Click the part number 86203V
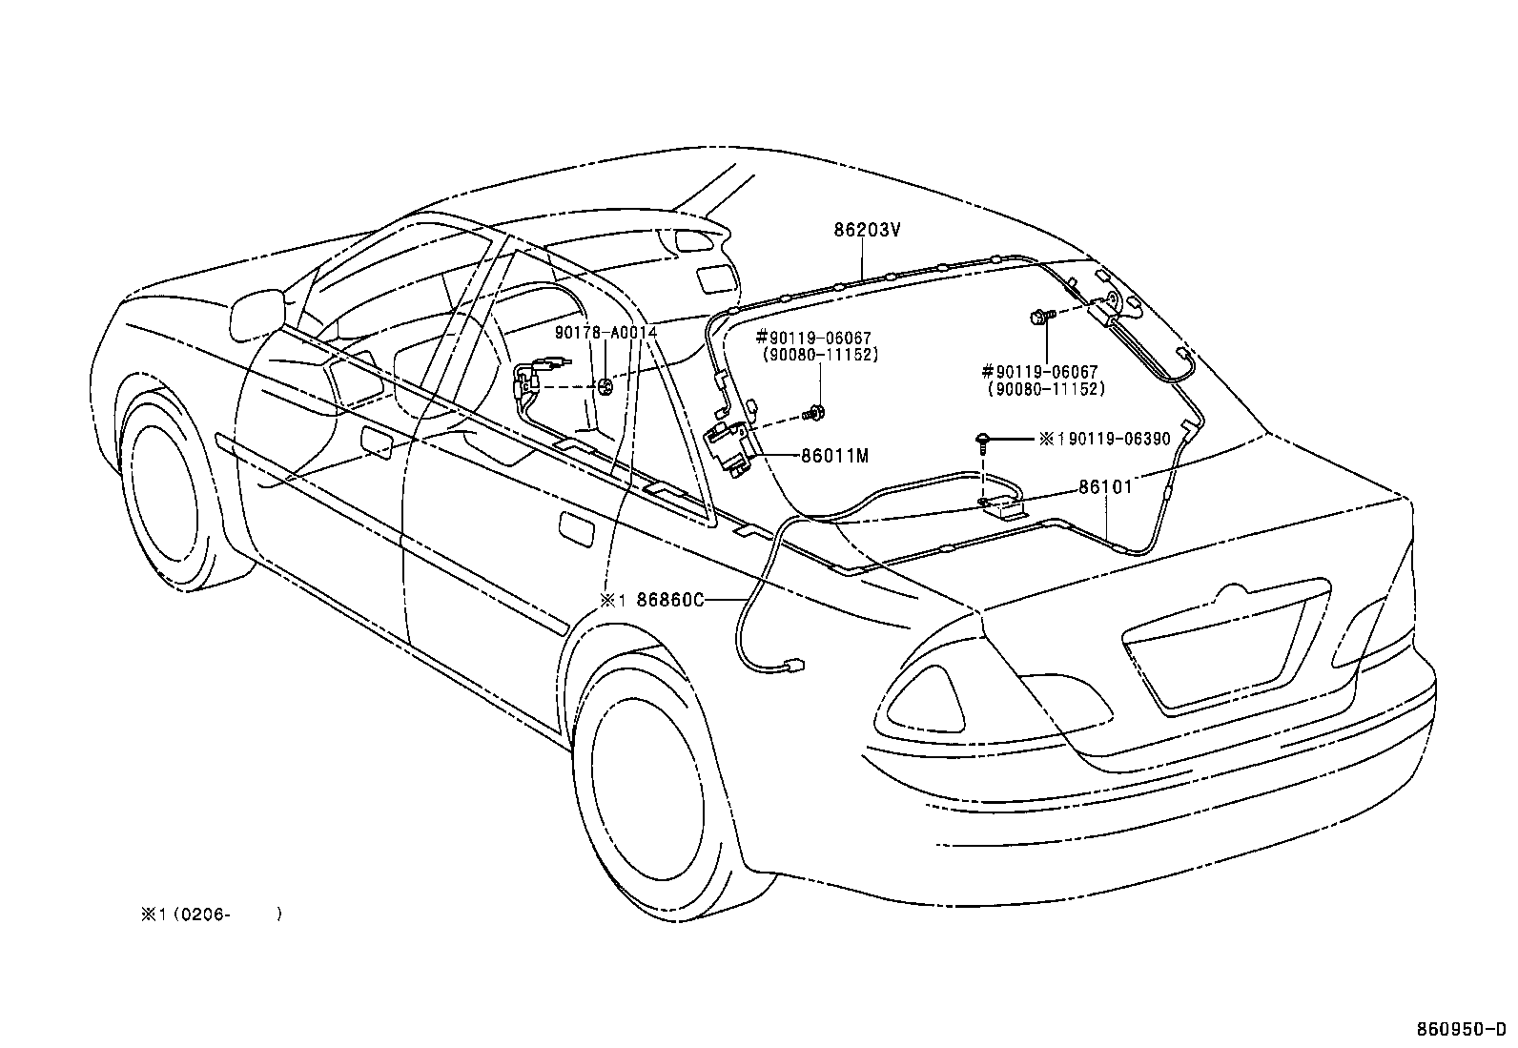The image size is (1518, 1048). click(867, 230)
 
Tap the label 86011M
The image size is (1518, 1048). click(834, 456)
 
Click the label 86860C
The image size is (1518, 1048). click(669, 600)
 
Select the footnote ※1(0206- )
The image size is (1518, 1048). click(210, 914)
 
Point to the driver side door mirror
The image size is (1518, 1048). click(257, 310)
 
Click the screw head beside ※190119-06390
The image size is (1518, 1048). click(981, 439)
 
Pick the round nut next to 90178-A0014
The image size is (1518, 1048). click(605, 386)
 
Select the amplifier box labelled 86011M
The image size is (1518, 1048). click(729, 446)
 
